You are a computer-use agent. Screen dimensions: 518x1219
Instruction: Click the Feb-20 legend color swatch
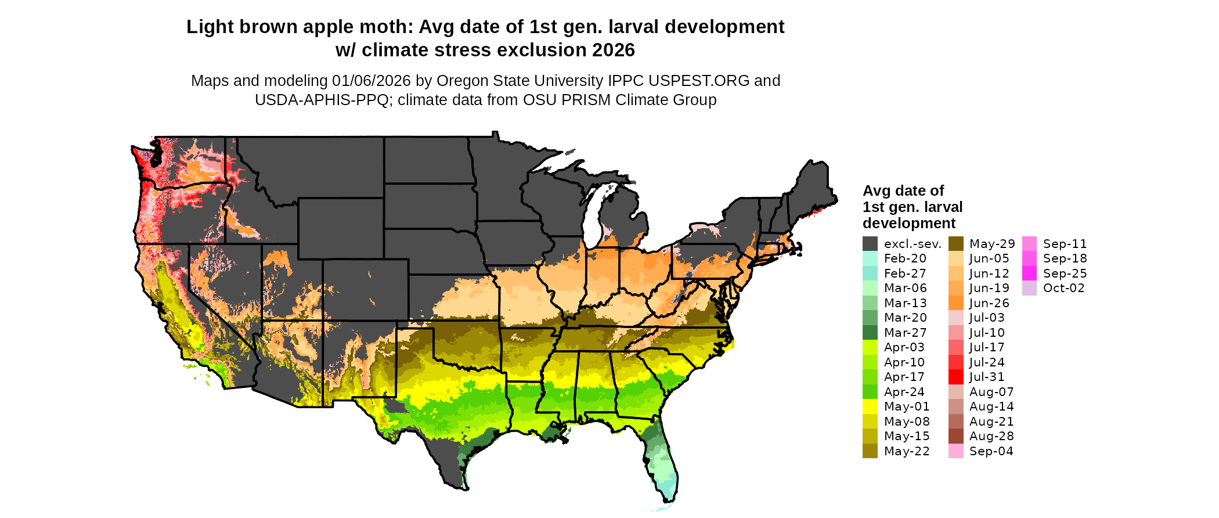870,258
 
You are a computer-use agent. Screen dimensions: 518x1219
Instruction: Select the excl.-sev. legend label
913,244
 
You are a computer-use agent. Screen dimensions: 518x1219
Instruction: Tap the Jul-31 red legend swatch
955,377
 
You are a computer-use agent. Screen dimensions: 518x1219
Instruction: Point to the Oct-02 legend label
1063,288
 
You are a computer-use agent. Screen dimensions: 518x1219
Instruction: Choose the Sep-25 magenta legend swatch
1029,274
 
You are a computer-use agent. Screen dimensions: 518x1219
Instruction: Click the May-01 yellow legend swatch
870,407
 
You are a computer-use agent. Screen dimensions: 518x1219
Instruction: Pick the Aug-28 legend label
991,436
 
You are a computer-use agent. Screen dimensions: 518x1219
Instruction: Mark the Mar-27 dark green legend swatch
870,333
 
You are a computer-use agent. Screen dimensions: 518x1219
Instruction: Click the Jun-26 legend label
989,303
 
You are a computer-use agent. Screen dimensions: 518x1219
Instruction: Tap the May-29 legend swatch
955,244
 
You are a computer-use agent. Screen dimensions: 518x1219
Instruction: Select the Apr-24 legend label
904,392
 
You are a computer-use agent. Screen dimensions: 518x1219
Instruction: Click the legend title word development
909,224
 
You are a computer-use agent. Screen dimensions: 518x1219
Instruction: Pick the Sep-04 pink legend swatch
955,451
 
